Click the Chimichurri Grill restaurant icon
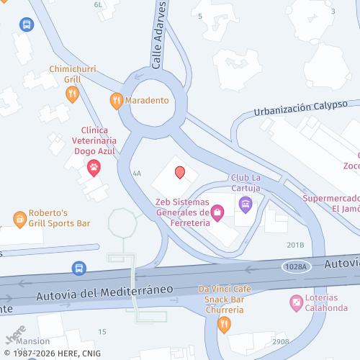[x=71, y=94]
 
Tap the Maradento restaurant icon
[x=116, y=100]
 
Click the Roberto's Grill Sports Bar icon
[x=19, y=218]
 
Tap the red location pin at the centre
[x=180, y=173]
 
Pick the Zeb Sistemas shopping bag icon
[x=217, y=212]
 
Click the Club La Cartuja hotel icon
[x=245, y=204]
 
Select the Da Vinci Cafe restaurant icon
[x=224, y=324]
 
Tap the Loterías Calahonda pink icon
[x=296, y=304]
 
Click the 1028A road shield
[x=295, y=266]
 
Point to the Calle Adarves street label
[x=159, y=35]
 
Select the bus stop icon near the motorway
[x=78, y=269]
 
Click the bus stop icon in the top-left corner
[x=27, y=24]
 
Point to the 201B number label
[x=296, y=245]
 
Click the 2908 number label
[x=281, y=341]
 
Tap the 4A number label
[x=137, y=174]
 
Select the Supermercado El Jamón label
[x=330, y=203]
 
